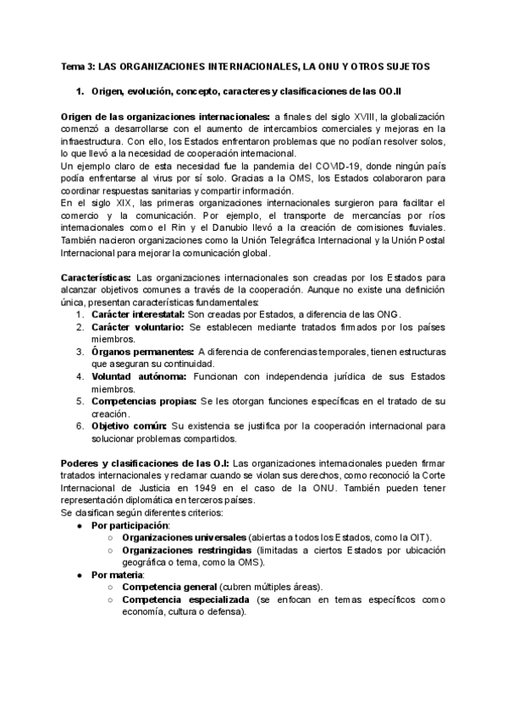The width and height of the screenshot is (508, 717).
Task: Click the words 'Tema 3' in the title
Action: pyautogui.click(x=78, y=65)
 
